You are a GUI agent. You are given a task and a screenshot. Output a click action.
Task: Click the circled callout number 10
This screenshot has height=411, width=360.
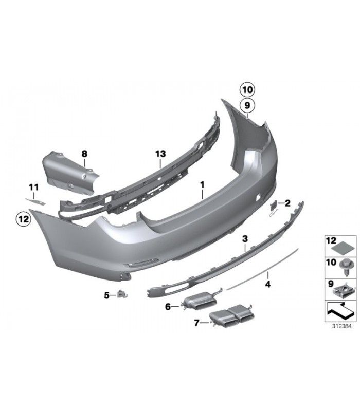[x=247, y=90]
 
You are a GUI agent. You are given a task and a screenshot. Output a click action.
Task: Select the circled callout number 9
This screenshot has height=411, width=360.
[x=247, y=105]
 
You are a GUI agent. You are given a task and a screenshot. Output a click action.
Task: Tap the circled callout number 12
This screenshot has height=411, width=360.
[x=23, y=219]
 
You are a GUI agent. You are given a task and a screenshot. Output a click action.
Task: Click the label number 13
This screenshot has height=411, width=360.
[x=160, y=154]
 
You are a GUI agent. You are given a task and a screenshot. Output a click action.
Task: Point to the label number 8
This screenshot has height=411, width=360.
[x=84, y=154]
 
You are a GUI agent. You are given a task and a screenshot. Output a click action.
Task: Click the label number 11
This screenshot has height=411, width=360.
[x=33, y=188]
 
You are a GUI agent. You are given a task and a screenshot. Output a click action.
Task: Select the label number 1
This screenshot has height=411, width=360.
[x=202, y=185]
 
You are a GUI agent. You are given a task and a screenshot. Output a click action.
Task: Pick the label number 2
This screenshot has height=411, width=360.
[x=287, y=203]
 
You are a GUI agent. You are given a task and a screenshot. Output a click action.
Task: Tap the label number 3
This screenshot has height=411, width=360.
[x=245, y=239]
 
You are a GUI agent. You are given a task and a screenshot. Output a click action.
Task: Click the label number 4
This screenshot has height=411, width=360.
[x=268, y=284]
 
